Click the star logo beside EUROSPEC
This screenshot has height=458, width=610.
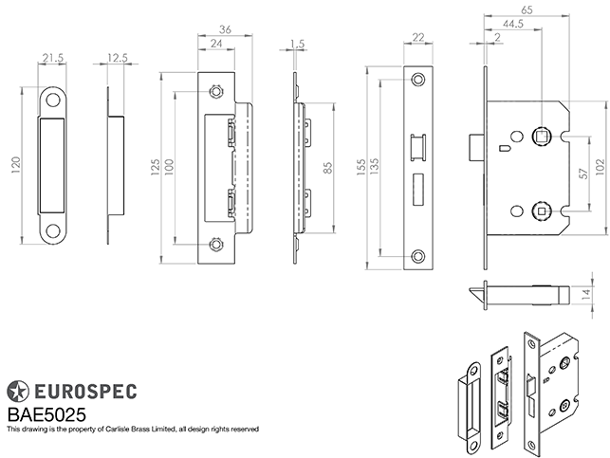(17, 390)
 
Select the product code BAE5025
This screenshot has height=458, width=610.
(46, 413)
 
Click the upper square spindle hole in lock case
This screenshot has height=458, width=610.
(544, 134)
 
